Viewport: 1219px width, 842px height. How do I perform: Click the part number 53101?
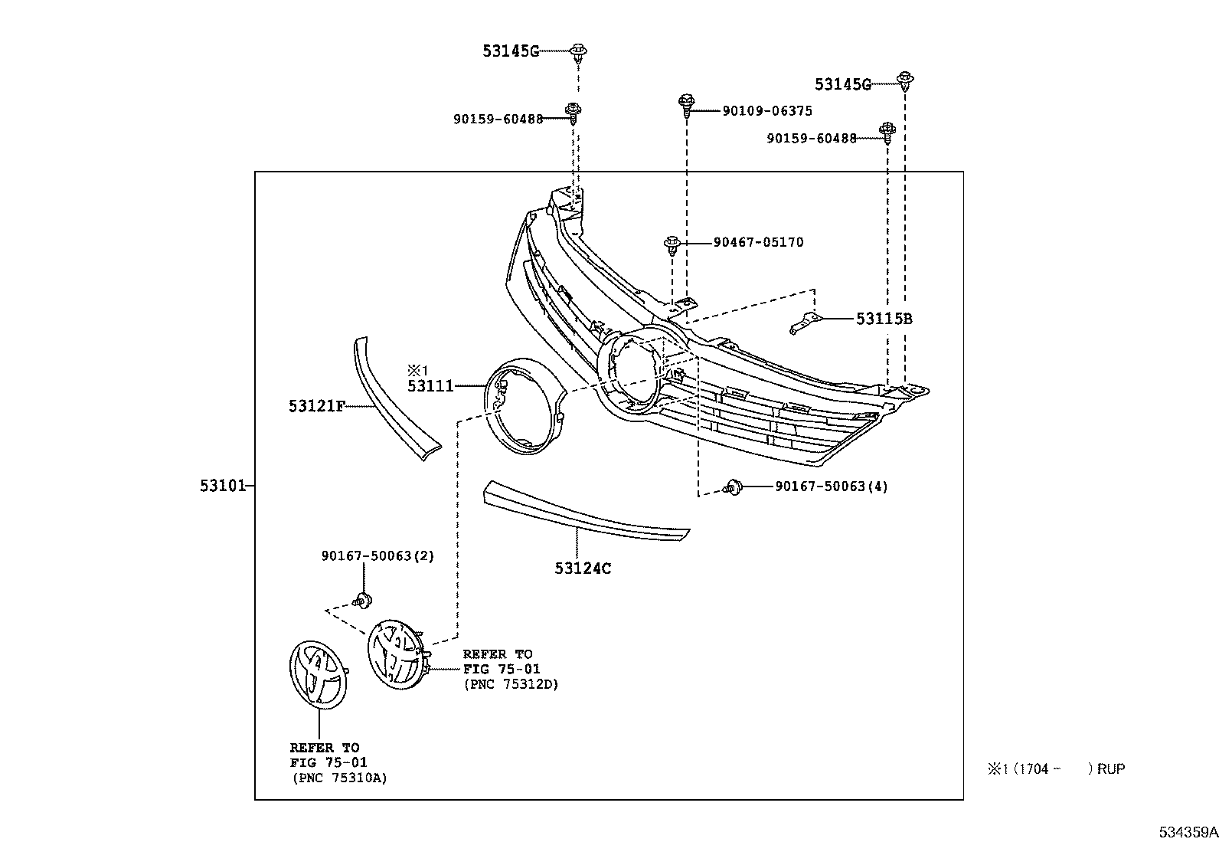click(223, 486)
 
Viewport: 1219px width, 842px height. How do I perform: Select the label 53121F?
click(317, 406)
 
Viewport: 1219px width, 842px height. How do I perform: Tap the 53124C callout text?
click(583, 568)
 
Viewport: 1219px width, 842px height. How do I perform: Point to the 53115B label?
click(884, 319)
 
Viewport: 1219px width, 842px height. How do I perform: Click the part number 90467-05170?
click(759, 242)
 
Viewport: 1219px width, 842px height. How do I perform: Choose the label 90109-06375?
click(767, 111)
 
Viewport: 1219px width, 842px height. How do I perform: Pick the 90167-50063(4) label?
click(832, 487)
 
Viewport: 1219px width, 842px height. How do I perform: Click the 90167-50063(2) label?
click(377, 556)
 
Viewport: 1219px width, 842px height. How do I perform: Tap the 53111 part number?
click(430, 386)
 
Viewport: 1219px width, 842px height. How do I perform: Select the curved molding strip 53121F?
click(396, 398)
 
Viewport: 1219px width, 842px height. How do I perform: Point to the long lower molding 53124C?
click(586, 511)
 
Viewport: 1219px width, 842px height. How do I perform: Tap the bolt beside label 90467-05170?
click(672, 246)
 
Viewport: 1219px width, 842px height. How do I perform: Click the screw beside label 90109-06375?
click(687, 106)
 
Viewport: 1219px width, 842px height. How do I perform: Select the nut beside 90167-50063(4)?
click(733, 487)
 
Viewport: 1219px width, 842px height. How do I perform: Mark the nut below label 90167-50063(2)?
click(362, 601)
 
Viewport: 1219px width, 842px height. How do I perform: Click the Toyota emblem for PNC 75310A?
click(319, 675)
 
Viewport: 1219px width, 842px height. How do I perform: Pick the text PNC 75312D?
click(511, 684)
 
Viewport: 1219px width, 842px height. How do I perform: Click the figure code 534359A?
click(1188, 832)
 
